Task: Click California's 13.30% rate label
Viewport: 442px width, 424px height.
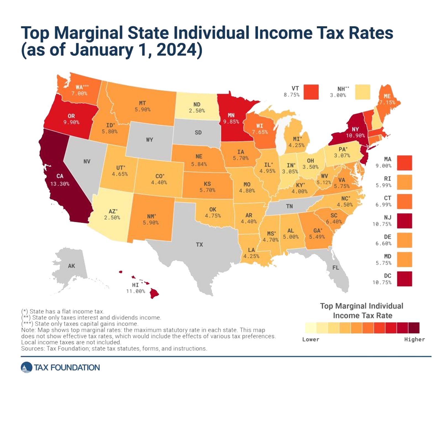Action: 60,184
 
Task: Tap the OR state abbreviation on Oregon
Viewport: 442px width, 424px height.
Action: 71,116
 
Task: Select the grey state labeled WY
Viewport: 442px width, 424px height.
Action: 149,139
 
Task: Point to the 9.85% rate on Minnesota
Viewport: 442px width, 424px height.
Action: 231,122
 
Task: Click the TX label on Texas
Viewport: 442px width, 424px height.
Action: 199,244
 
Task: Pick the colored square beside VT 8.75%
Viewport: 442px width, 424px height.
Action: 311,92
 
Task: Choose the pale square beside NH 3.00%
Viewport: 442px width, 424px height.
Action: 362,92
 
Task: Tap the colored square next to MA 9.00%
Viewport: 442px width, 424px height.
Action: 404,163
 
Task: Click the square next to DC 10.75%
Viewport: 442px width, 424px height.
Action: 404,279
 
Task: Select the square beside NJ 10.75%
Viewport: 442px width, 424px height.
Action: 404,221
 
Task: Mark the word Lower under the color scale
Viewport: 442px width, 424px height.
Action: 311,339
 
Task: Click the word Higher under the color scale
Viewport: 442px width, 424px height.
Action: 414,339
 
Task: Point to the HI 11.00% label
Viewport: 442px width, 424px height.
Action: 135,288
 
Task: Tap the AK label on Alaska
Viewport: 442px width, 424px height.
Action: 71,266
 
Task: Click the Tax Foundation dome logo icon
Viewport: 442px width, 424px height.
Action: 26,367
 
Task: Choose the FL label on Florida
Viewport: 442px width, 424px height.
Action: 336,267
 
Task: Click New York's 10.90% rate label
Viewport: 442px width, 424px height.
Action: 355,135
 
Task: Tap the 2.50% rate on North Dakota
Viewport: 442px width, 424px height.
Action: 197,111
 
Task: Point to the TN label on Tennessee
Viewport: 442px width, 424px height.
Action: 289,206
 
